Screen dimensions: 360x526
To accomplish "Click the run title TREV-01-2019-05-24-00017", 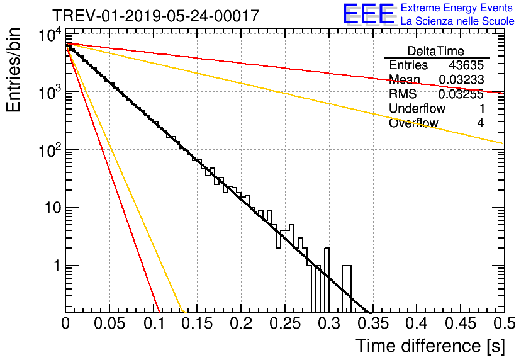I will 155,16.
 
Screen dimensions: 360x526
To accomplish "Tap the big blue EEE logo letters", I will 369,14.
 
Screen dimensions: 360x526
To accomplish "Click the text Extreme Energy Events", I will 457,8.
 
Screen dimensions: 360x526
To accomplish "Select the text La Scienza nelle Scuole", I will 457,21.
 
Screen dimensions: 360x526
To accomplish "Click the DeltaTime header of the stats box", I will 436,51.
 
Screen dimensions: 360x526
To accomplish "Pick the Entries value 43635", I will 466,65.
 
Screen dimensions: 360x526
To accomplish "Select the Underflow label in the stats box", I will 417,109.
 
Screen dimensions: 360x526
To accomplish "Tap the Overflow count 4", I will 480,123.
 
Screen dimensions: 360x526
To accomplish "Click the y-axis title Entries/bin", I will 14,70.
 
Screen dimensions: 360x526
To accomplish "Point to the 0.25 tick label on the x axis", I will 284,324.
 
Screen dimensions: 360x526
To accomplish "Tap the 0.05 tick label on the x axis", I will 109,324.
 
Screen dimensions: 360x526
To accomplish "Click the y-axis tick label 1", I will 54,266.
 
